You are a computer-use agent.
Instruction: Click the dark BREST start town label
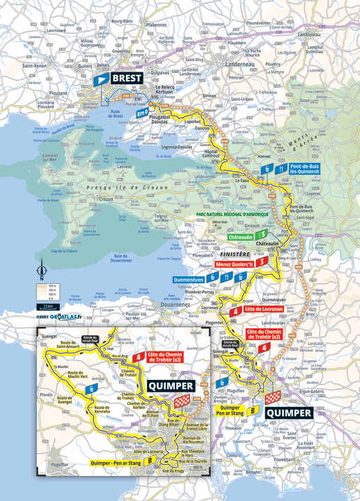pos(126,79)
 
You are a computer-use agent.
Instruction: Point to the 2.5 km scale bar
pos(47,305)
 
